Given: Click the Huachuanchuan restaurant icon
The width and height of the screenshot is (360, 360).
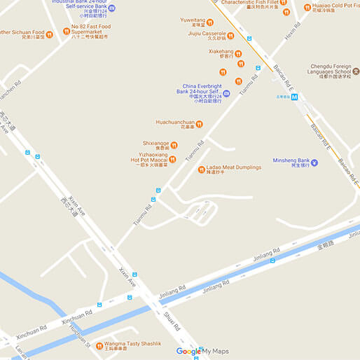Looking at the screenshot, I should tap(200, 124).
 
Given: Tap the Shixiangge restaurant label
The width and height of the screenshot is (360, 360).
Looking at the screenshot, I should tap(155, 145).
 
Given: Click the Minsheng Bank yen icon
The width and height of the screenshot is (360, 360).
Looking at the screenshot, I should tap(314, 162).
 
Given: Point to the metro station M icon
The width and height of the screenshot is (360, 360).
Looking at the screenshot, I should tap(295, 97).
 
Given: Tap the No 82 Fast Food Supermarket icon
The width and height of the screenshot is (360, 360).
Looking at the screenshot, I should tap(67, 31).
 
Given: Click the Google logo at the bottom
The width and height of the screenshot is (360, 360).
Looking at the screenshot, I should tap(188, 352).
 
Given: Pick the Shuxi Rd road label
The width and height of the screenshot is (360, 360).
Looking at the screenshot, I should tap(172, 324).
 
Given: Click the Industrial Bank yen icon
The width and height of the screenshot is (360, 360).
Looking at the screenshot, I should tap(112, 8).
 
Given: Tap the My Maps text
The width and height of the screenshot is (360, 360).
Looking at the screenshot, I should tap(216, 352).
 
